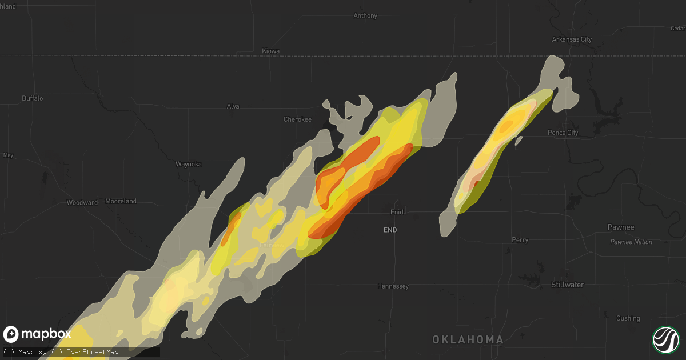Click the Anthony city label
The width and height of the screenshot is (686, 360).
(x=365, y=16)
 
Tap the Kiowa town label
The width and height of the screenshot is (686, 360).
(x=270, y=51)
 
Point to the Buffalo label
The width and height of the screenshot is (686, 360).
(x=33, y=98)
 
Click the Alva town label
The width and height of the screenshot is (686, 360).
(x=233, y=106)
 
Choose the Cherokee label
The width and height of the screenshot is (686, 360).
(x=297, y=119)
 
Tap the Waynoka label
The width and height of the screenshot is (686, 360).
(x=189, y=164)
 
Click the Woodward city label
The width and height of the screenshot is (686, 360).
(x=82, y=202)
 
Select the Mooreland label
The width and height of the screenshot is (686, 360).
(x=121, y=202)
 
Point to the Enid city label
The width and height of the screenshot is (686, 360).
(x=397, y=212)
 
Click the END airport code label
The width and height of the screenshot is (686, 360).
(x=390, y=230)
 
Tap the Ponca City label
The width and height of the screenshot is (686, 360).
(x=563, y=133)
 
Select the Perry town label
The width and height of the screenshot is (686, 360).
(x=520, y=241)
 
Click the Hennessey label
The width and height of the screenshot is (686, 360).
(x=393, y=286)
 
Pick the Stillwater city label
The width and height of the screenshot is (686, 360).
(x=567, y=285)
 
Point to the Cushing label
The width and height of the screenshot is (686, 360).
(x=628, y=318)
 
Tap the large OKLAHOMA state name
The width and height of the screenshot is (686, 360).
(x=468, y=340)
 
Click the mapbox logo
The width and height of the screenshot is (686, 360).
(x=38, y=334)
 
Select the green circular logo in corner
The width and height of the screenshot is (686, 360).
(x=666, y=340)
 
